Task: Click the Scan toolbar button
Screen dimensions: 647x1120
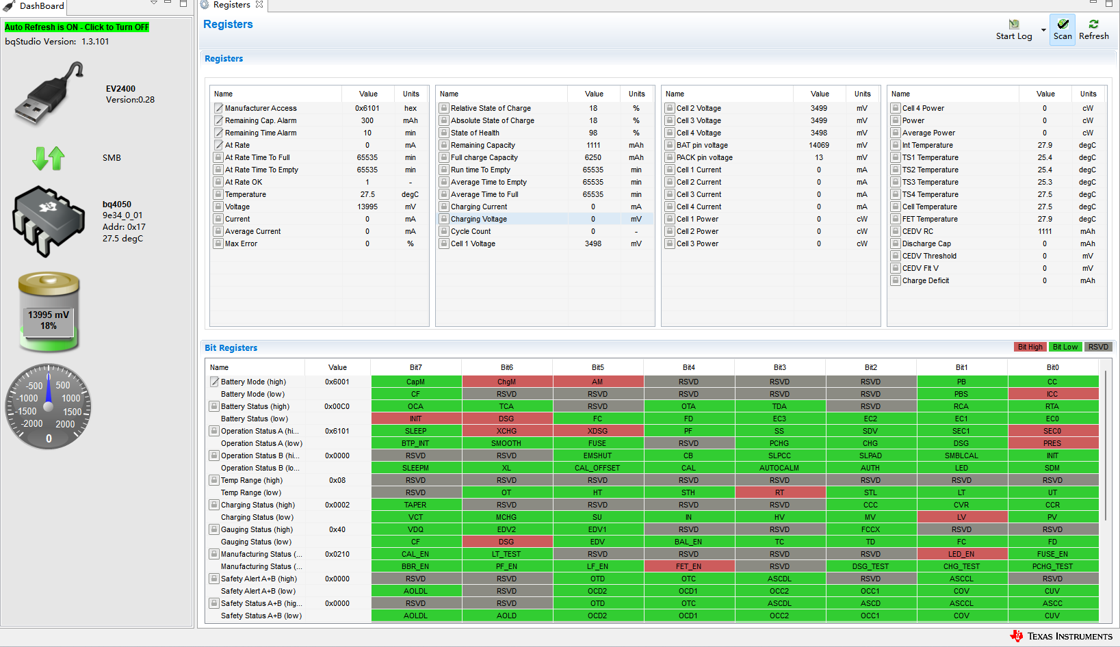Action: click(1063, 29)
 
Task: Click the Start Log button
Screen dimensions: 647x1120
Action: click(1014, 29)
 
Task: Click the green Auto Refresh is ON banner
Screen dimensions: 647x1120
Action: click(77, 27)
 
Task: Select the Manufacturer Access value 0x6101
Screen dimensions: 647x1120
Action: click(367, 108)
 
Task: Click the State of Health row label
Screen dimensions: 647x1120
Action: click(475, 133)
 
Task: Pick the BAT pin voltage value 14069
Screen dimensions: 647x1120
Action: click(819, 145)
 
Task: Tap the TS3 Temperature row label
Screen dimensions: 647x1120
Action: click(930, 182)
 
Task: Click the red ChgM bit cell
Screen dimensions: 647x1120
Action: click(506, 382)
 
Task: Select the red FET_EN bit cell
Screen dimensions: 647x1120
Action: click(688, 566)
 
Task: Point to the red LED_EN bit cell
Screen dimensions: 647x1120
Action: click(961, 554)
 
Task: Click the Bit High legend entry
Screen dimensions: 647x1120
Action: click(1030, 347)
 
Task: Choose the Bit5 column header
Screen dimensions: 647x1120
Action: click(597, 367)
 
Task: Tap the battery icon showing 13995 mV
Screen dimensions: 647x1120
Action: click(49, 311)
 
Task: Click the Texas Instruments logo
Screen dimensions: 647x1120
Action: click(1062, 636)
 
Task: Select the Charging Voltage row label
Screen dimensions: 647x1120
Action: click(479, 219)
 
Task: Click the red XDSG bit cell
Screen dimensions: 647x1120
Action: click(597, 431)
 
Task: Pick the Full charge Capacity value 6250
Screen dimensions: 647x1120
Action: click(593, 157)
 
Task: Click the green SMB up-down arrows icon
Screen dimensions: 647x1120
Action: click(49, 158)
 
